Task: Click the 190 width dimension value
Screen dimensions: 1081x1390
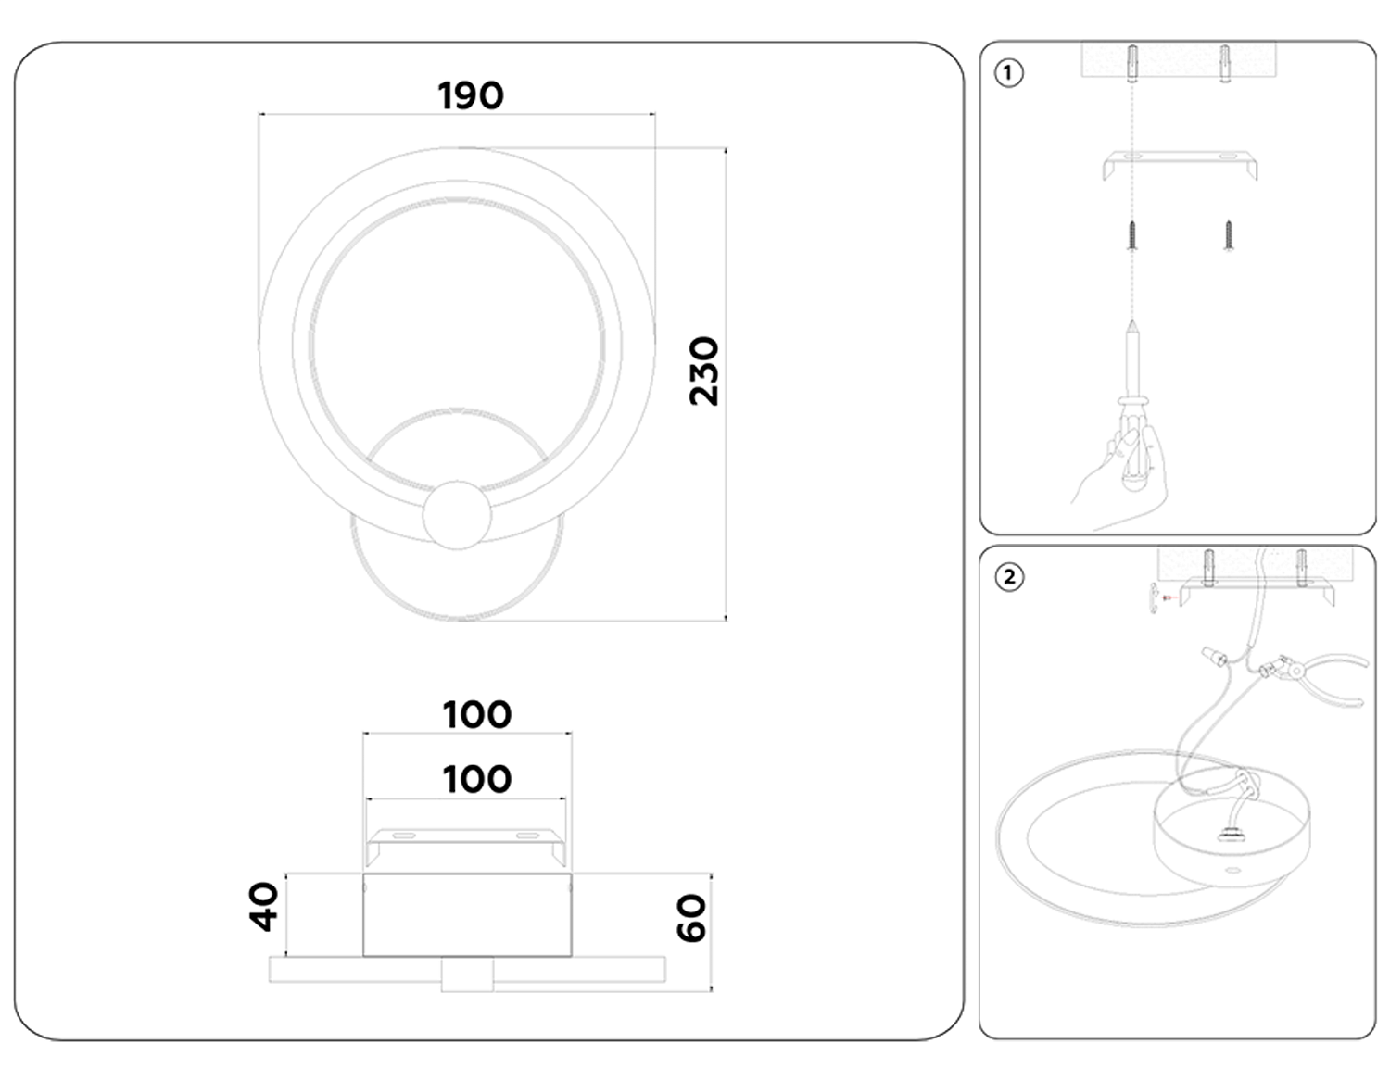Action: [x=470, y=95]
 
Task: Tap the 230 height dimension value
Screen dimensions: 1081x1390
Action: [x=704, y=371]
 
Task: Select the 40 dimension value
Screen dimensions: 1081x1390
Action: [x=264, y=906]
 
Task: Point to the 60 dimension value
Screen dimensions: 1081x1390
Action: [x=691, y=918]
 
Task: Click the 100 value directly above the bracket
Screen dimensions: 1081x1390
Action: [x=476, y=779]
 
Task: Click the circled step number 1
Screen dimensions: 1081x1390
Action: [x=1008, y=73]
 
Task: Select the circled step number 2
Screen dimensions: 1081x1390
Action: [x=1009, y=577]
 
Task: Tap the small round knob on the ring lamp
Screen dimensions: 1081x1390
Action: [x=456, y=514]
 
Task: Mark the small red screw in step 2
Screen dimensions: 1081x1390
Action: [x=1166, y=598]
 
